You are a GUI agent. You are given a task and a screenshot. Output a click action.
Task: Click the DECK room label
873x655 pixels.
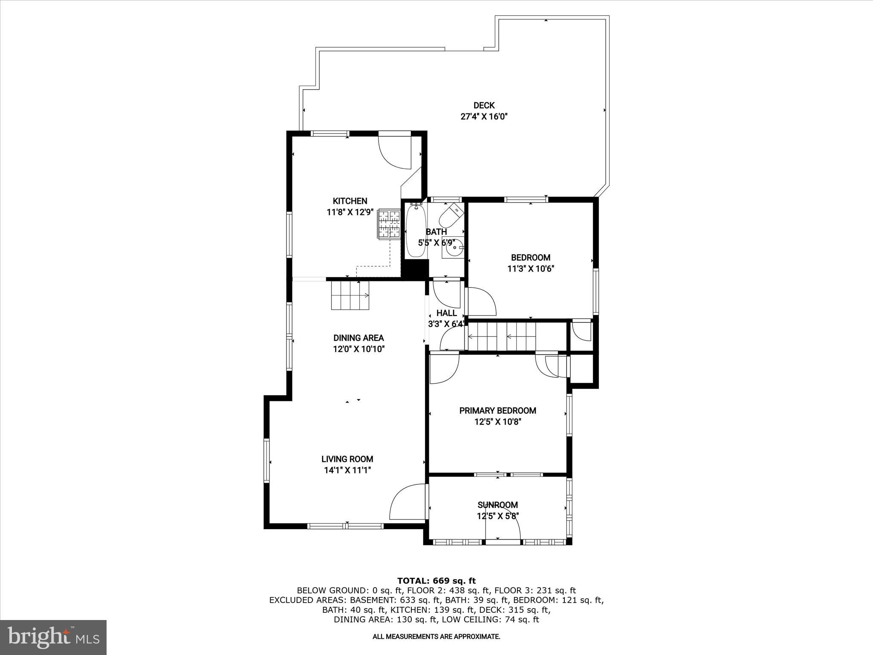click(x=484, y=105)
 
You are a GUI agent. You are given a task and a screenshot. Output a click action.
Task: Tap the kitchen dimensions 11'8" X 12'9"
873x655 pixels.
click(x=350, y=212)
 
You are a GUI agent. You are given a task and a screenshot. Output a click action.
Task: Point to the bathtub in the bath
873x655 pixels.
click(x=416, y=231)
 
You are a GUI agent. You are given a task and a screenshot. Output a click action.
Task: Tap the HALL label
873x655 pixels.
click(x=446, y=313)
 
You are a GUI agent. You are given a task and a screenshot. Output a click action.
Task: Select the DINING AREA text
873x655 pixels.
click(x=358, y=338)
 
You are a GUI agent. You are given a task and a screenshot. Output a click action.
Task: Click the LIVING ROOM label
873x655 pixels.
click(x=347, y=459)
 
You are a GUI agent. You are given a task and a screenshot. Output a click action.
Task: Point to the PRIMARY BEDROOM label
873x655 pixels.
click(x=497, y=411)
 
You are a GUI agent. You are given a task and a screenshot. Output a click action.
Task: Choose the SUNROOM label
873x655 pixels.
click(x=497, y=505)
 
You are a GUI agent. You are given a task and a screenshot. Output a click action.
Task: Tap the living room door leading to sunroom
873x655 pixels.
click(x=407, y=502)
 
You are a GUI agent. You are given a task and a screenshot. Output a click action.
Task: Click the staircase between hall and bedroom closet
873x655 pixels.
click(x=502, y=336)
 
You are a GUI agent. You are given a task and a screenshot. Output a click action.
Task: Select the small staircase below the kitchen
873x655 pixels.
click(x=350, y=295)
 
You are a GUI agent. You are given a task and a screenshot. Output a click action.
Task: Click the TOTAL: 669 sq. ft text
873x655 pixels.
click(x=436, y=580)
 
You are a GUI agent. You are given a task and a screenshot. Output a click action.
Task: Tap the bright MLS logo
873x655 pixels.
click(x=53, y=637)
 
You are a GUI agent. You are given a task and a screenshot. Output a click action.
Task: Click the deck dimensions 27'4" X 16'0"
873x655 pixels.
click(x=484, y=116)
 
